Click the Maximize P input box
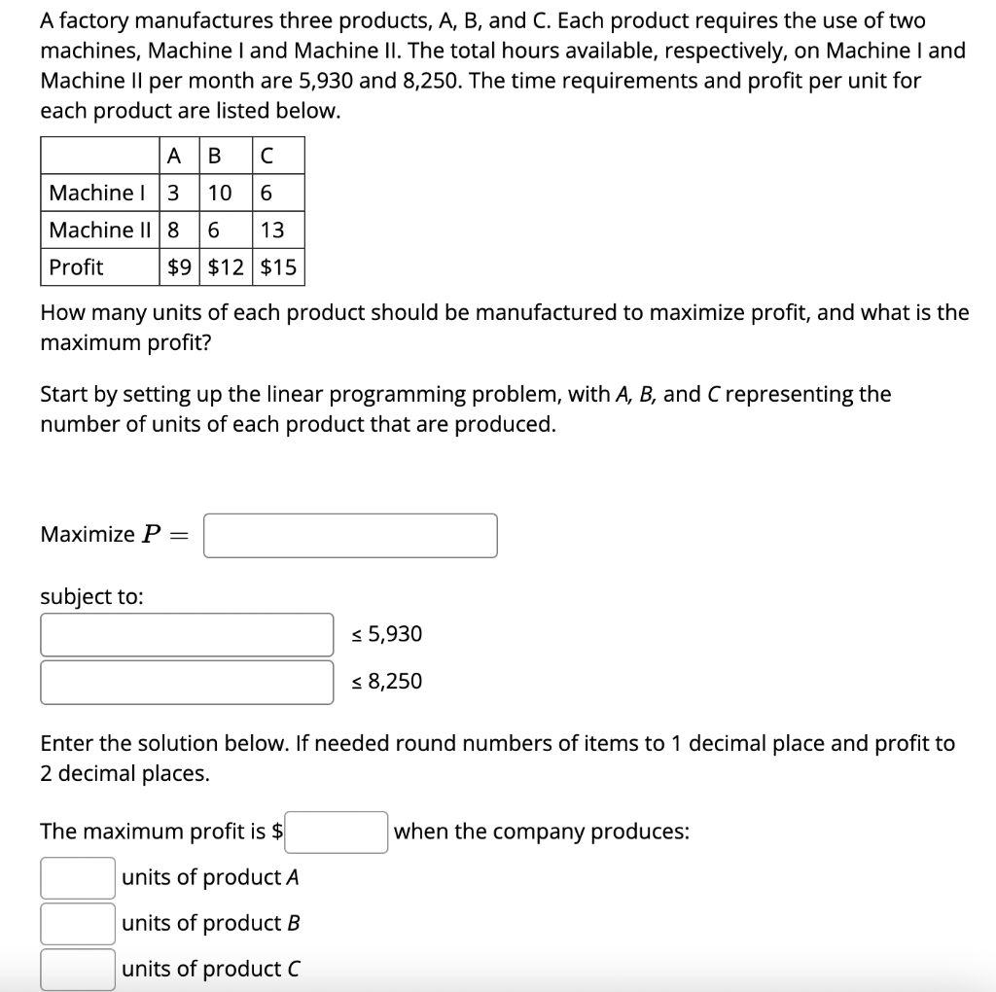[350, 535]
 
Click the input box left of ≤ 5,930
[187, 634]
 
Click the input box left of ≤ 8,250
[187, 681]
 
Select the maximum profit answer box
[337, 832]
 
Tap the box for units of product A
[78, 877]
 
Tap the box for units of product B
[78, 923]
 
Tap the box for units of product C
[78, 969]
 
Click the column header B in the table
[216, 156]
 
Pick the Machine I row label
[92, 193]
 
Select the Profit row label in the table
[76, 266]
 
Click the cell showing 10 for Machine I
[221, 193]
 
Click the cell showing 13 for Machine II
[273, 230]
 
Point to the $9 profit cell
[180, 266]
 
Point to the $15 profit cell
[278, 266]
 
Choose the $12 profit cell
[227, 266]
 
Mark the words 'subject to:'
[91, 597]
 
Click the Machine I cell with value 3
[173, 193]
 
